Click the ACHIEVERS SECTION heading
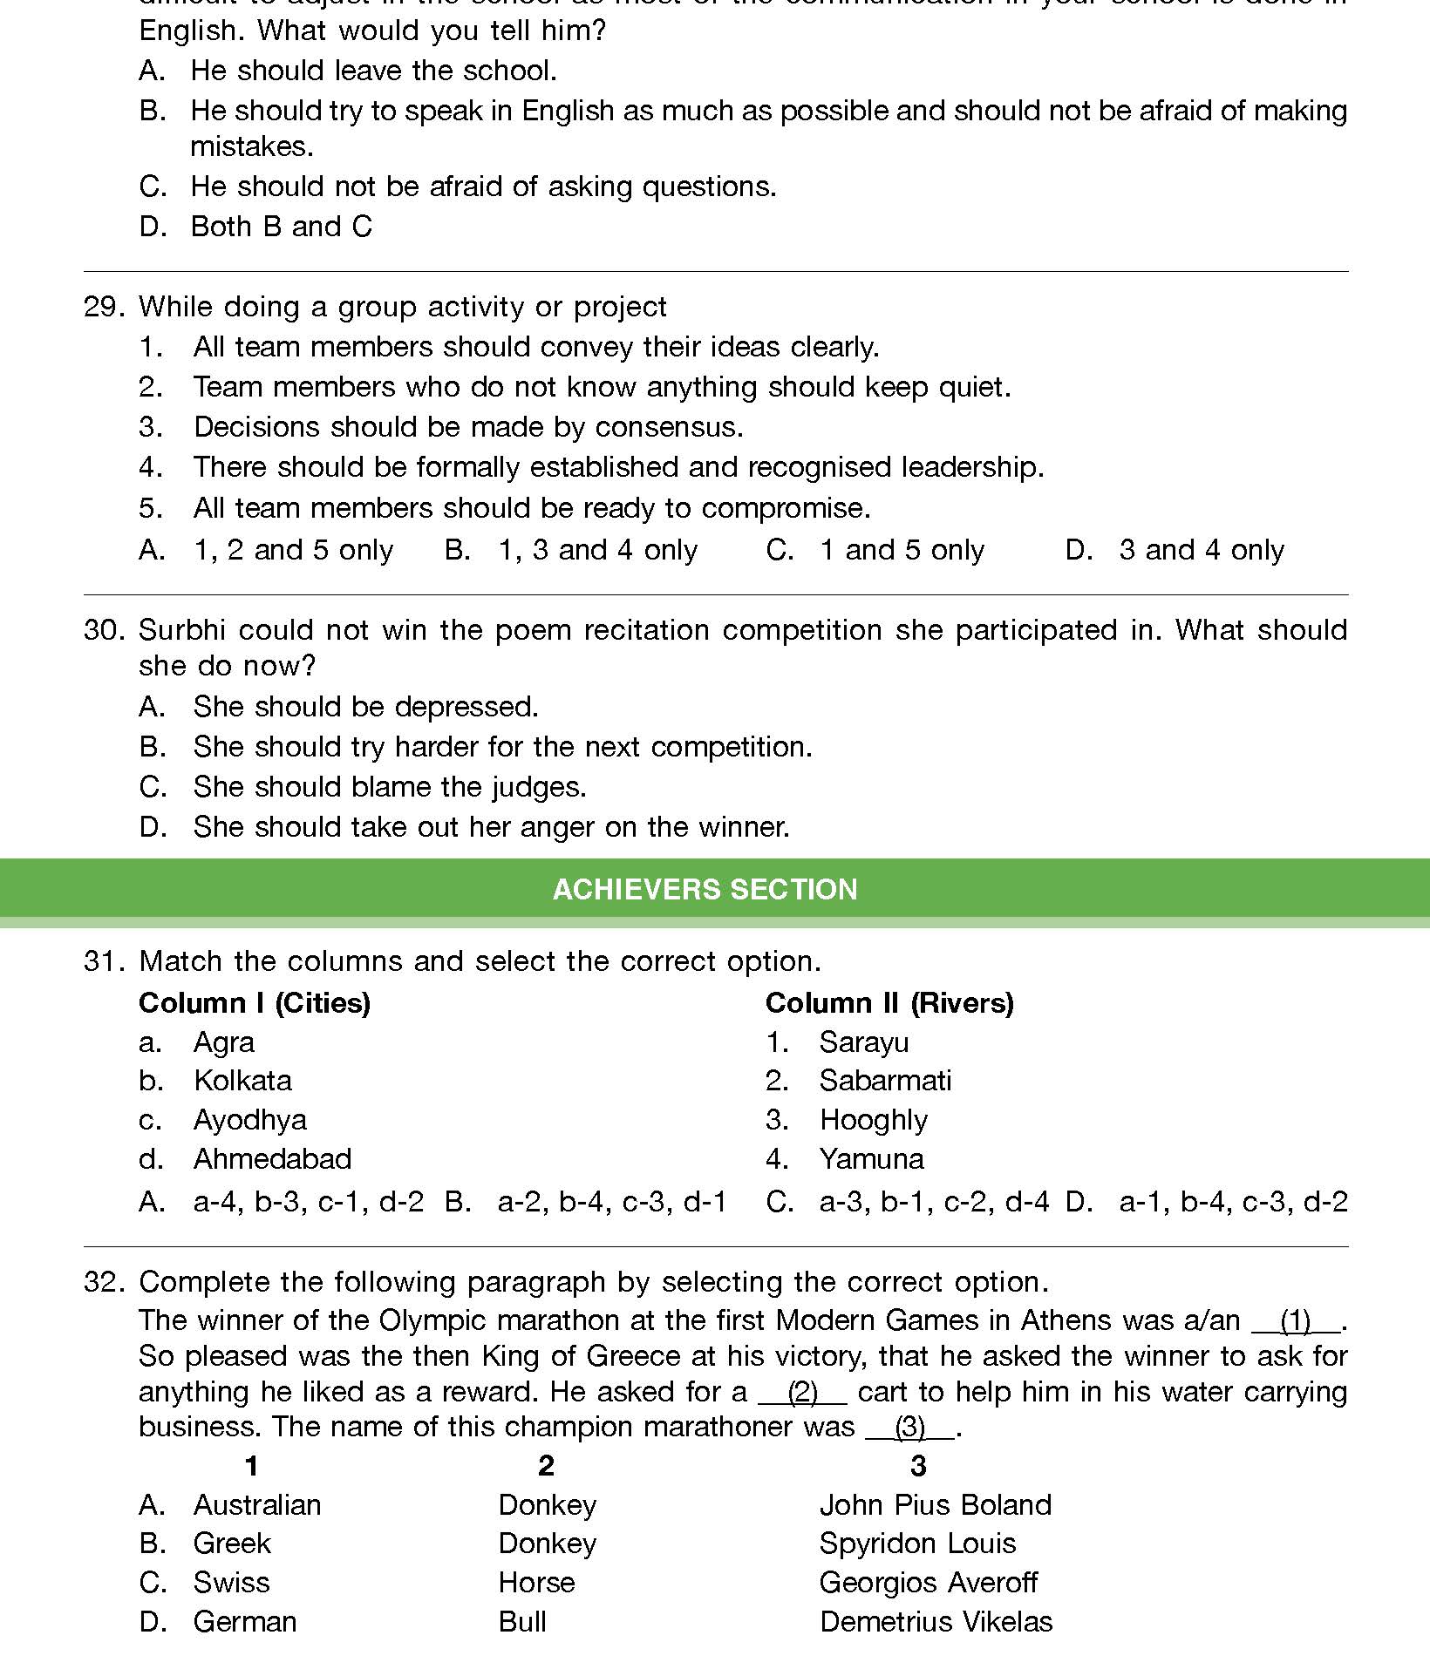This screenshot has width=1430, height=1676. click(705, 889)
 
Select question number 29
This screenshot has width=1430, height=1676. click(105, 307)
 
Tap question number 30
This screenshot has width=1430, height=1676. click(105, 630)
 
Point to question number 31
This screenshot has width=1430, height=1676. click(105, 961)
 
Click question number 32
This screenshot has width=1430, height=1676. click(105, 1282)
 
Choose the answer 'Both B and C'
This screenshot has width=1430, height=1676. click(281, 227)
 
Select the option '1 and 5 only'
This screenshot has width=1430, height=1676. click(902, 550)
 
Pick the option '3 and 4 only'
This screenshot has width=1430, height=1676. click(1201, 550)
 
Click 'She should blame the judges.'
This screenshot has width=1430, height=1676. click(390, 787)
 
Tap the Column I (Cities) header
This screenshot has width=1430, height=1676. click(255, 1003)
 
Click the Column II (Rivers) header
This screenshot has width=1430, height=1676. click(889, 1003)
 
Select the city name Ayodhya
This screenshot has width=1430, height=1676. click(250, 1120)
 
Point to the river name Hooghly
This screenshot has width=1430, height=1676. click(874, 1120)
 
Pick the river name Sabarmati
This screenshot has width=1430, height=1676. click(885, 1081)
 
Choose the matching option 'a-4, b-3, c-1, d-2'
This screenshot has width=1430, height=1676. click(308, 1203)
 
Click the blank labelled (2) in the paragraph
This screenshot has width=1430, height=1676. click(802, 1393)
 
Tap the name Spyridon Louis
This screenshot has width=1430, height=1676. click(917, 1544)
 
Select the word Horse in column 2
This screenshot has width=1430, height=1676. click(536, 1583)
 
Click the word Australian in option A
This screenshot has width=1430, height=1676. click(257, 1505)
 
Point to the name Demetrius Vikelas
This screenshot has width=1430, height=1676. click(936, 1622)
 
